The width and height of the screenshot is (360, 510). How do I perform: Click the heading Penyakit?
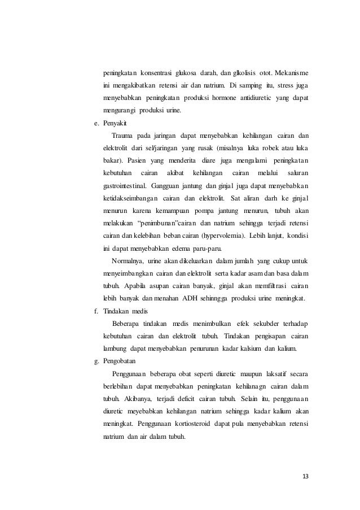point(116,123)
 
